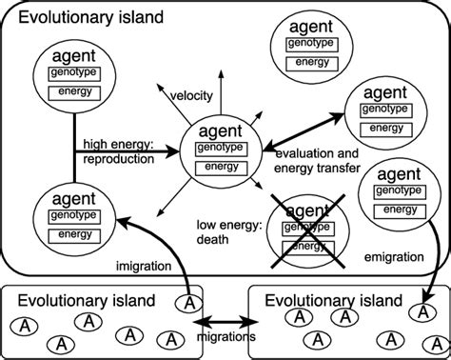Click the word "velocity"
[191, 97]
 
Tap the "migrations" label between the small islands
[227, 337]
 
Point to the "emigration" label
[394, 257]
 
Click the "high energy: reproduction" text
[118, 152]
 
